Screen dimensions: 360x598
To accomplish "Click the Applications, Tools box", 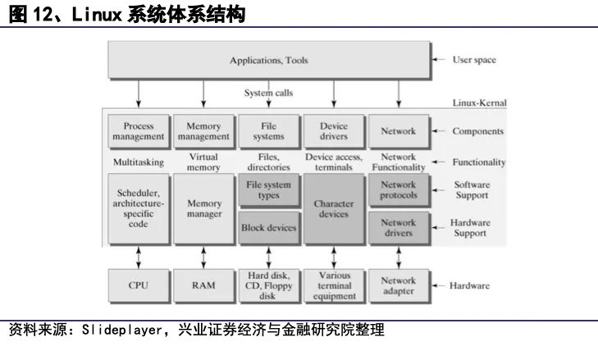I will point(268,60).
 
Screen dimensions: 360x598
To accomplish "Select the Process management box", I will point(138,131).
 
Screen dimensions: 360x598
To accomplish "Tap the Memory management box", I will point(203,131).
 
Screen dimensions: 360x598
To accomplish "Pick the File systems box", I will point(268,131).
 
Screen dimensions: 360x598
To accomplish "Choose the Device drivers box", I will point(332,131).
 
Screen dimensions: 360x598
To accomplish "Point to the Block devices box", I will point(268,228).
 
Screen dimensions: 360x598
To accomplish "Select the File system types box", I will point(268,191).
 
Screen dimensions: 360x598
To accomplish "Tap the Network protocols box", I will point(399,191).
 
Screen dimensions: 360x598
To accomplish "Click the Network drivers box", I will point(399,228).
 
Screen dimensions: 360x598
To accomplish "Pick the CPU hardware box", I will point(138,286).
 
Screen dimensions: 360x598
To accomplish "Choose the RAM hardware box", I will point(203,286).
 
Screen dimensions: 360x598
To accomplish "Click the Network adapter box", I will point(399,286).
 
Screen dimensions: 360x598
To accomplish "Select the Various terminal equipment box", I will point(332,286).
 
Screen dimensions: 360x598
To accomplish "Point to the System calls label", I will point(268,93).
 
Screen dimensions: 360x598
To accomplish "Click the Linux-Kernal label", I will point(479,103).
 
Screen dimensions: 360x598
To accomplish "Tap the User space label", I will point(474,60).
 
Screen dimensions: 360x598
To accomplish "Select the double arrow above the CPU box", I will point(138,256).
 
